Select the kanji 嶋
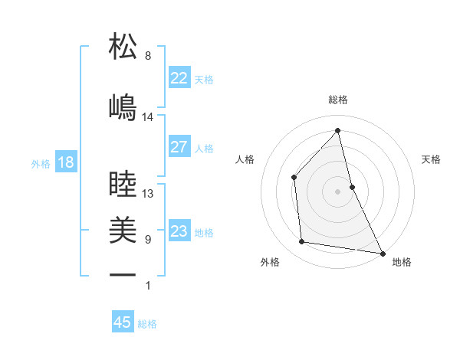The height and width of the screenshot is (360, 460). tap(123, 107)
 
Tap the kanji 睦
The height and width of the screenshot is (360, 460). tap(123, 185)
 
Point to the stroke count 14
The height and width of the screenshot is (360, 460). tap(148, 117)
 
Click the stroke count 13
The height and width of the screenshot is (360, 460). tap(148, 194)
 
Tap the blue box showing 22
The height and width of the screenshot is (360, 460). tap(179, 78)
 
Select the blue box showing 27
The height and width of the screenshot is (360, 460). tap(179, 147)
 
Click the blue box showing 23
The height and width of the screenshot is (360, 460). tap(179, 231)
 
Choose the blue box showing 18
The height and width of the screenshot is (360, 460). tap(65, 162)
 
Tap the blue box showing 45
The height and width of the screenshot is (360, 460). tap(123, 322)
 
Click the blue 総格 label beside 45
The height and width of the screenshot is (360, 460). tap(147, 324)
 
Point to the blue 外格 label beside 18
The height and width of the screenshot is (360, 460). tap(41, 163)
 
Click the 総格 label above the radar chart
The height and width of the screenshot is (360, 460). tap(338, 100)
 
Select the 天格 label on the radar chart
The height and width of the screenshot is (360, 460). tap(432, 159)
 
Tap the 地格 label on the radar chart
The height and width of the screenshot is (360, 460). tap(402, 262)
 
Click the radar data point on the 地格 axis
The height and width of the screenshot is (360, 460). tap(382, 252)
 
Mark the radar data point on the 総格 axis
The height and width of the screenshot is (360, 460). tap(338, 130)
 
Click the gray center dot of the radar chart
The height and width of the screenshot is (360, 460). tap(338, 191)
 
